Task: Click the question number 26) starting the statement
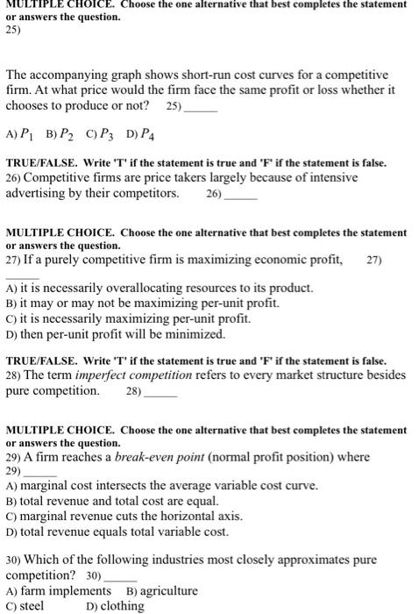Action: pyautogui.click(x=15, y=178)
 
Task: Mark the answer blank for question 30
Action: pyautogui.click(x=121, y=576)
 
